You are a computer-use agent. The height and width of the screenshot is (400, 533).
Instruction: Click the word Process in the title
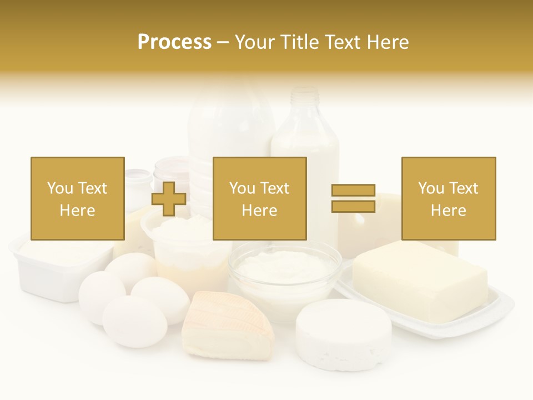pyautogui.click(x=174, y=42)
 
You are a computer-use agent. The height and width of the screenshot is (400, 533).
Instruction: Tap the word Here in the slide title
pyautogui.click(x=386, y=42)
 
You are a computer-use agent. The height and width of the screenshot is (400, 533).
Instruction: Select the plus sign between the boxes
pyautogui.click(x=169, y=199)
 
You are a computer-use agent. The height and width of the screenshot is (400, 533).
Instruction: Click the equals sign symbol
pyautogui.click(x=353, y=198)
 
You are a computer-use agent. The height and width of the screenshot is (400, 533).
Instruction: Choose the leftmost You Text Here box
pyautogui.click(x=77, y=198)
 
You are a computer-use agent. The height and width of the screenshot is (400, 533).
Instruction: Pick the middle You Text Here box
pyautogui.click(x=259, y=198)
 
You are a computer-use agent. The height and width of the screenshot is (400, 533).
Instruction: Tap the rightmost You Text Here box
pyautogui.click(x=448, y=198)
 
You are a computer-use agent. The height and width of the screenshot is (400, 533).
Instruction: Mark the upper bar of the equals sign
pyautogui.click(x=353, y=191)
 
